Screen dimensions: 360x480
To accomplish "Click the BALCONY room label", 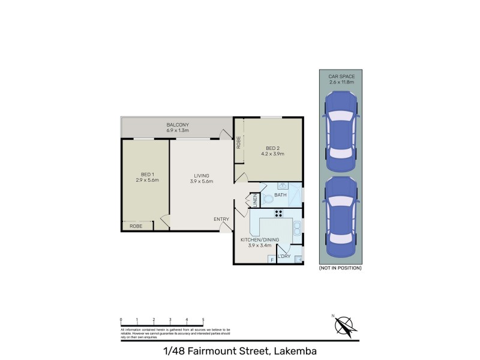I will pyautogui.click(x=178, y=125).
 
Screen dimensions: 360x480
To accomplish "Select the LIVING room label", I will pyautogui.click(x=201, y=178).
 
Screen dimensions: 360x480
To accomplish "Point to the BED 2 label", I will pyautogui.click(x=272, y=151).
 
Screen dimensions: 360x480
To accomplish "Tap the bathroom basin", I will pyautogui.click(x=281, y=187).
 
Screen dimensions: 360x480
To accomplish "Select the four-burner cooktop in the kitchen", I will pyautogui.click(x=279, y=213).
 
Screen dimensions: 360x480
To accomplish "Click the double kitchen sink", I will pyautogui.click(x=296, y=227).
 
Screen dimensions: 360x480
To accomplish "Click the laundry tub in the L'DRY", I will pyautogui.click(x=298, y=259).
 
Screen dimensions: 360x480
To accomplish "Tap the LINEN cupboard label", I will pyautogui.click(x=254, y=200).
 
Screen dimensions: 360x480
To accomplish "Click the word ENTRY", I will pyautogui.click(x=221, y=219).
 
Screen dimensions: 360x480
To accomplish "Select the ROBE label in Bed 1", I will pyautogui.click(x=136, y=226).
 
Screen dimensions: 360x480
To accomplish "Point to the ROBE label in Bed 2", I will pyautogui.click(x=238, y=143).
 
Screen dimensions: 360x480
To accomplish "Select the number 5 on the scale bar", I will pyautogui.click(x=203, y=320).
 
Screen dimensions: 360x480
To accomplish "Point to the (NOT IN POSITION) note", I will pyautogui.click(x=340, y=268).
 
